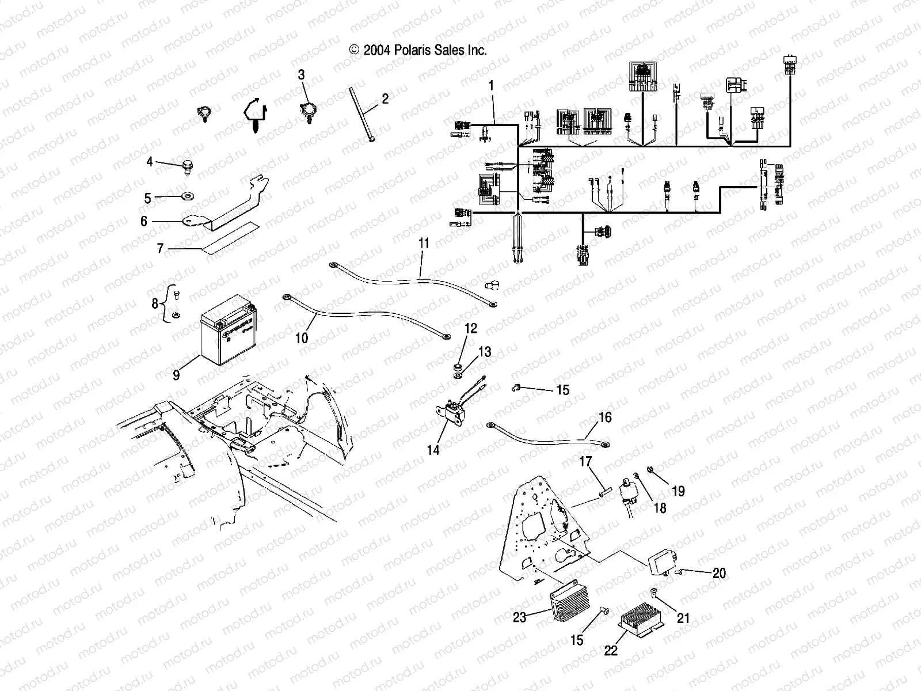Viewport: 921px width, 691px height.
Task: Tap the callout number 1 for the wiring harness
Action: click(491, 86)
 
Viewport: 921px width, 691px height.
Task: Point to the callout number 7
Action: click(161, 249)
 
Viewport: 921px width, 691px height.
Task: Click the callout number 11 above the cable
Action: click(424, 243)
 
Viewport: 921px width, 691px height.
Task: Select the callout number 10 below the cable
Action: click(302, 337)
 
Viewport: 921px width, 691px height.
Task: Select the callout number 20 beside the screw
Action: click(719, 573)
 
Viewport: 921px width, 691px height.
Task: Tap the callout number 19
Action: click(678, 491)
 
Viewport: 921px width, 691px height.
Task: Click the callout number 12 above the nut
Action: click(471, 329)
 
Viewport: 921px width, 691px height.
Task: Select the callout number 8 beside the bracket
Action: click(155, 303)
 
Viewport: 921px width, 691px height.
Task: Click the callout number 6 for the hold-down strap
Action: click(144, 221)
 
